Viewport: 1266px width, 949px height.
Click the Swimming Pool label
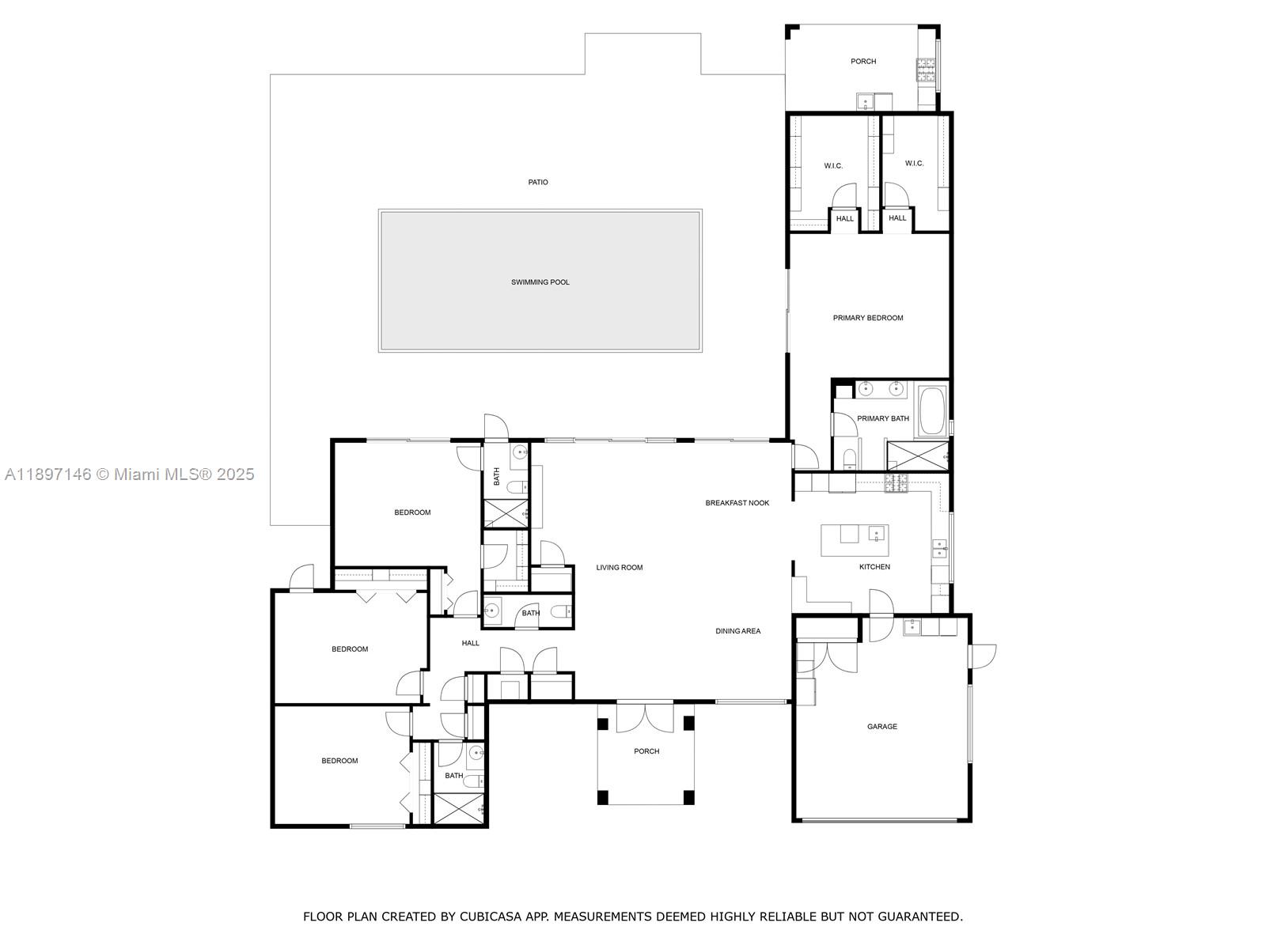click(x=540, y=282)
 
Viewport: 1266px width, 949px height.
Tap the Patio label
click(x=538, y=183)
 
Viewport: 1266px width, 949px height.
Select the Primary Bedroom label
click(x=867, y=318)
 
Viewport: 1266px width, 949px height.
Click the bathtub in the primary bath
click(x=932, y=410)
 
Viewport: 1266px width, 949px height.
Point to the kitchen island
click(x=854, y=540)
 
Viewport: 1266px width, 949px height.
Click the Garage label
click(x=881, y=727)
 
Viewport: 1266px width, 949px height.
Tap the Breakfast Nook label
click(x=737, y=503)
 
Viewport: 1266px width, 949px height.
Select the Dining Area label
click(x=737, y=631)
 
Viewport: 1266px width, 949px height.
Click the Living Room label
click(x=619, y=568)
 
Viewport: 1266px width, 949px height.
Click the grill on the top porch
click(x=925, y=70)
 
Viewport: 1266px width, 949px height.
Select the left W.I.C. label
click(x=832, y=166)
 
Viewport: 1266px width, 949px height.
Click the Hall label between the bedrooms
click(x=470, y=644)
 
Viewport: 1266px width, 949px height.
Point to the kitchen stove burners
click(x=895, y=482)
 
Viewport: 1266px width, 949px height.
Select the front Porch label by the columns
click(x=646, y=751)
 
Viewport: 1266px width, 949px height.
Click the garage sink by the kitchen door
click(x=912, y=627)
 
